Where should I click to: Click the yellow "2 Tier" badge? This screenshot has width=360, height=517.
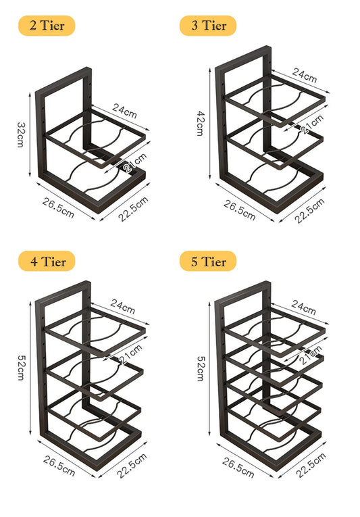[47, 26]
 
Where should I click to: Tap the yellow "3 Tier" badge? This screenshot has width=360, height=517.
[208, 26]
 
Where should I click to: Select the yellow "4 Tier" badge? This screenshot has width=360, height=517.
[47, 261]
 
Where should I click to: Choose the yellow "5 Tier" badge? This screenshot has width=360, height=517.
[208, 261]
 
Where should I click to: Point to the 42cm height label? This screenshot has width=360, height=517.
[199, 123]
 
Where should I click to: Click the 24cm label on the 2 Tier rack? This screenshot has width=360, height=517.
[124, 110]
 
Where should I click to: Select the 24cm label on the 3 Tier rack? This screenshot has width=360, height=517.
[305, 76]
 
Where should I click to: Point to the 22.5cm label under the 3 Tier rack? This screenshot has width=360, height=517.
[310, 210]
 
